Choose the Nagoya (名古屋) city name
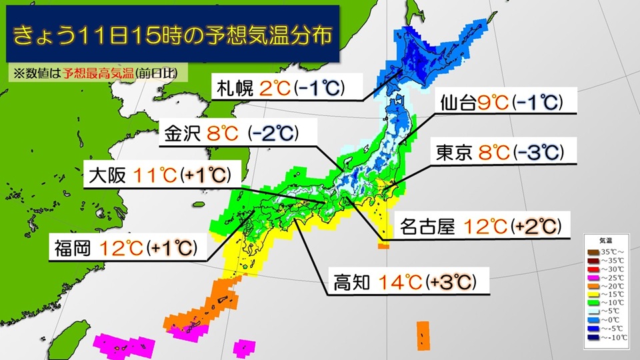[427, 227]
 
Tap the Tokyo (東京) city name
[454, 153]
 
